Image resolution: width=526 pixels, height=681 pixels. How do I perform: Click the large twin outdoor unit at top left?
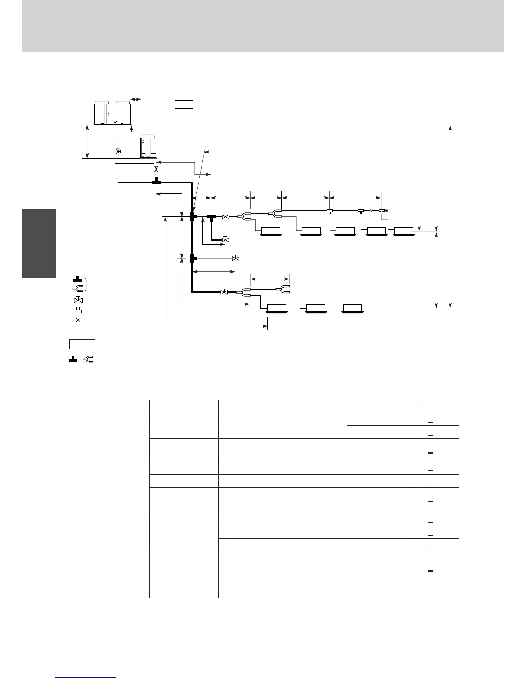[x=112, y=113]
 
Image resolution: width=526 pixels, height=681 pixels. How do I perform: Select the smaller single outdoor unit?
[x=148, y=147]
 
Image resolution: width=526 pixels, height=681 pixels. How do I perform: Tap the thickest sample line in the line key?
[x=183, y=101]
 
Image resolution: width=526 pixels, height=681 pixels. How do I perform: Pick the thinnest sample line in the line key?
[x=183, y=117]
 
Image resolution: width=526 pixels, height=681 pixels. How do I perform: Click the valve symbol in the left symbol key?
[x=78, y=300]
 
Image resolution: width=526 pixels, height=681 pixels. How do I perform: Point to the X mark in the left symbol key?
[x=78, y=320]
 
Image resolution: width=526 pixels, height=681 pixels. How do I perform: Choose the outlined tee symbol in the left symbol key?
[x=78, y=310]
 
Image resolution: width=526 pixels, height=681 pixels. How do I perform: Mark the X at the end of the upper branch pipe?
[x=387, y=210]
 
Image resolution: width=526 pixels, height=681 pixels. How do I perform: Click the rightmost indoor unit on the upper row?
[x=404, y=231]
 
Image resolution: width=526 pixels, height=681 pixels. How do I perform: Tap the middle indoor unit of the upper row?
[x=345, y=231]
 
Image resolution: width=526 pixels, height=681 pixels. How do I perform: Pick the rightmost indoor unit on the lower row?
[x=352, y=308]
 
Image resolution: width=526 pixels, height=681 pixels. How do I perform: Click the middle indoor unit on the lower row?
[x=315, y=308]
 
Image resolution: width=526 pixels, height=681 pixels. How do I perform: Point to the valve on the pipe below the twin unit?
[x=118, y=152]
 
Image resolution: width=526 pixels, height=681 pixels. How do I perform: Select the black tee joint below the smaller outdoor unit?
[x=156, y=182]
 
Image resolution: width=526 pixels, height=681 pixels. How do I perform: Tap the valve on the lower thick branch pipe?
[x=224, y=292]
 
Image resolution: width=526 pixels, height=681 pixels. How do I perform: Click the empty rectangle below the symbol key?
[x=82, y=344]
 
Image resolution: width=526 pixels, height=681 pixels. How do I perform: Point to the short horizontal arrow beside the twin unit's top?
[x=135, y=99]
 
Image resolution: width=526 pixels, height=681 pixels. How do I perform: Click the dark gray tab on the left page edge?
[x=39, y=243]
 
